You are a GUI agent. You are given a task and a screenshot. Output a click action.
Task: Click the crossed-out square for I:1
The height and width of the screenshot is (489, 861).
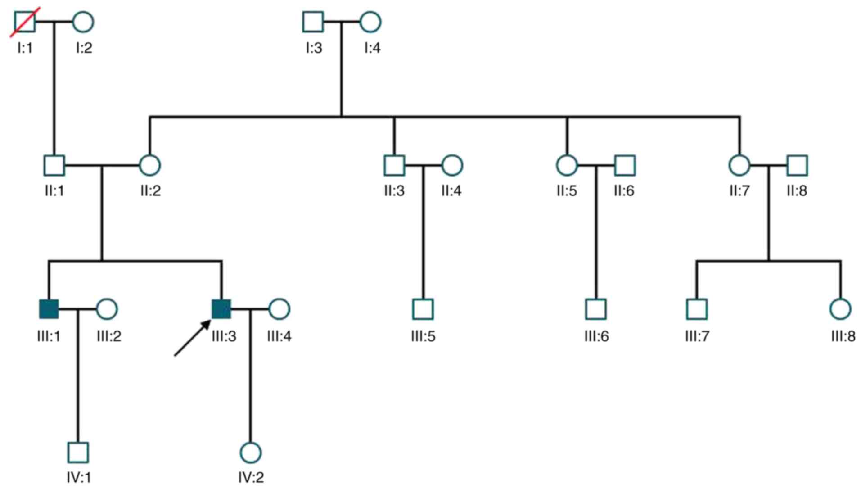coord(25,22)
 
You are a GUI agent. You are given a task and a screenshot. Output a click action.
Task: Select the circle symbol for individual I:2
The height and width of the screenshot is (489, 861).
coord(83,22)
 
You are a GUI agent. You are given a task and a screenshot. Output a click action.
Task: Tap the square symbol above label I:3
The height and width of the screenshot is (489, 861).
coord(313,22)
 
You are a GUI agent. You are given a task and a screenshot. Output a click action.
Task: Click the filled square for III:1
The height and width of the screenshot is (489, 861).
coord(49,309)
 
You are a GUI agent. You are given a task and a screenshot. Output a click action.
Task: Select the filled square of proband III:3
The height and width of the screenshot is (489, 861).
coord(221,309)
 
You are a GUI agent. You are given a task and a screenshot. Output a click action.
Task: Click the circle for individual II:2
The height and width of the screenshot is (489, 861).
coord(150,165)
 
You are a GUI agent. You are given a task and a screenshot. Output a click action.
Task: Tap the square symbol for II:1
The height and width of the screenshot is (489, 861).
coord(54,165)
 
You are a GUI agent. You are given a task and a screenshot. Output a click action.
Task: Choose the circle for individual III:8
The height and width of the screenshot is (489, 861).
coord(840,309)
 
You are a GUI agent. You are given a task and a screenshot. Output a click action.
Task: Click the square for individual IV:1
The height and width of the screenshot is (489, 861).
coord(78,453)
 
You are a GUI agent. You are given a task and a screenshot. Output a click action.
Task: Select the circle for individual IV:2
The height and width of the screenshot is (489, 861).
coord(251,453)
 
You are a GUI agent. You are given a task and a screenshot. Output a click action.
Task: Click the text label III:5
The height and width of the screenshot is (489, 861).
coord(423,336)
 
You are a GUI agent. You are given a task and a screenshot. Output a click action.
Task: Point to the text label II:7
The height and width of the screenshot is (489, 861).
coord(739,191)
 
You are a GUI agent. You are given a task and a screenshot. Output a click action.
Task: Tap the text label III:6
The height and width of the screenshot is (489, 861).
coord(596,336)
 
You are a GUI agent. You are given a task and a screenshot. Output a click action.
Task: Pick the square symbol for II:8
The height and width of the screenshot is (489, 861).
coord(797,165)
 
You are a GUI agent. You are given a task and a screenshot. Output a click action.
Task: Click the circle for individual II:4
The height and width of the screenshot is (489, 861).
coord(452,165)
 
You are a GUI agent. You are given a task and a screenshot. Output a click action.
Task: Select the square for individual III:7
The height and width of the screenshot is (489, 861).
coord(697,309)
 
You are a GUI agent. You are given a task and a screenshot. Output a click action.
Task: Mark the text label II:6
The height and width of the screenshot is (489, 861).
coord(624,191)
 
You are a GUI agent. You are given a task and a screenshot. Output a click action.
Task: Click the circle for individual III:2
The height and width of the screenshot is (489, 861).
coord(107,309)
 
